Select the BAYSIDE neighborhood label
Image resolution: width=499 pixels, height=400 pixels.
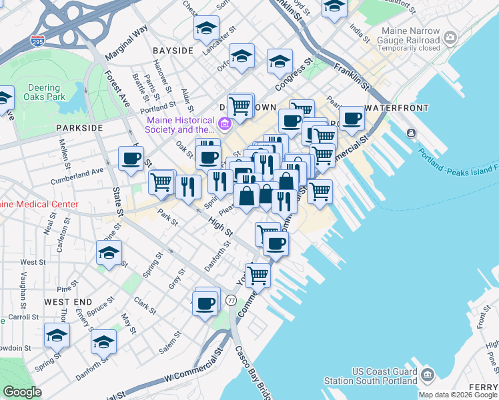pos(173,51)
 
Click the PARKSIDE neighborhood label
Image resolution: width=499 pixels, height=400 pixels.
pos(79,127)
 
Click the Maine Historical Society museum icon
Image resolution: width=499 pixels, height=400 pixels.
pos(225,123)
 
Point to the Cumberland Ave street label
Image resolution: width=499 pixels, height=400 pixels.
pos(77,175)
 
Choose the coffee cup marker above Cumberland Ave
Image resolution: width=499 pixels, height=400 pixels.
pos(131,158)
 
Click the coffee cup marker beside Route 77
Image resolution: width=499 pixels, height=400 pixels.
pos(206,302)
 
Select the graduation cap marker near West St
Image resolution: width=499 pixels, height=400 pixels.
pos(109,253)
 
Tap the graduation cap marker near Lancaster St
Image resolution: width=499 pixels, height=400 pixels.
pos(207,29)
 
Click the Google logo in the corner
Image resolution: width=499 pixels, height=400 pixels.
pos(22,391)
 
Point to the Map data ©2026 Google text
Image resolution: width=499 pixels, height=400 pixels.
pos(458,395)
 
